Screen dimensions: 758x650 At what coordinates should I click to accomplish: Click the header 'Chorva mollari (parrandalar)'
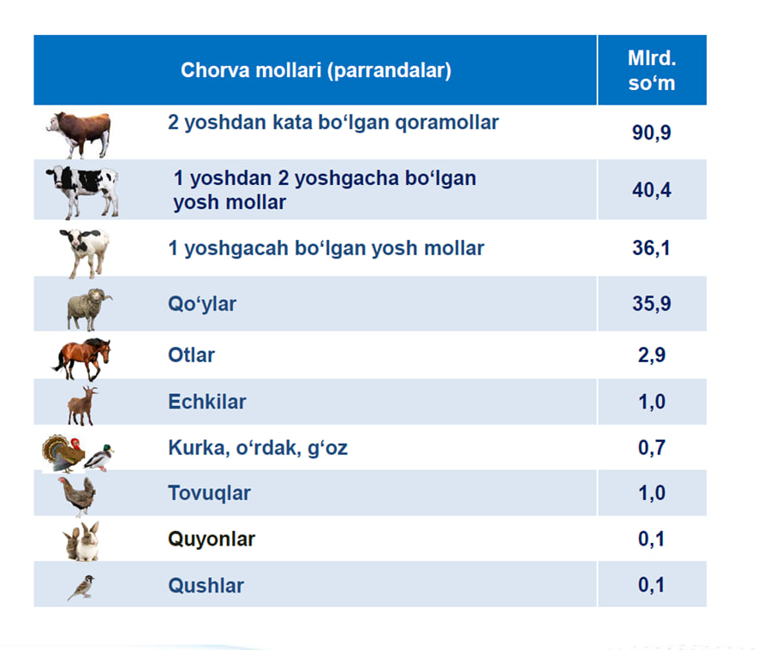tap(316, 70)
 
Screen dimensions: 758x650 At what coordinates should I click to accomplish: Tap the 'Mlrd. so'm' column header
tap(652, 70)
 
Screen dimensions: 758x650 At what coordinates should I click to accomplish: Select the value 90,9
tap(652, 133)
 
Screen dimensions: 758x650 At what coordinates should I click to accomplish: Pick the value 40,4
tap(652, 190)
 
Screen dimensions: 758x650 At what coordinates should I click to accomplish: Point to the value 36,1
tap(651, 247)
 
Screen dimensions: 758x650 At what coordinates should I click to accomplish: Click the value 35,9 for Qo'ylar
tap(652, 303)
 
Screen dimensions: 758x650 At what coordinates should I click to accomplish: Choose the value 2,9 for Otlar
tap(652, 355)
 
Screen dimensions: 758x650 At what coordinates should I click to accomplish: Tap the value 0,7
tap(652, 448)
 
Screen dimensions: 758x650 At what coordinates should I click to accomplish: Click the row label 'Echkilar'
tap(207, 402)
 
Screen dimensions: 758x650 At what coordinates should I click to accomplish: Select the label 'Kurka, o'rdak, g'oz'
tap(258, 448)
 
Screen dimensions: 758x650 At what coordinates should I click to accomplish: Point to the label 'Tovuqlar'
tap(209, 493)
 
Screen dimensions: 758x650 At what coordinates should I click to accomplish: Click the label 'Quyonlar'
tap(212, 540)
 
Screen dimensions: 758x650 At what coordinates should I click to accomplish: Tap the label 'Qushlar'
tap(206, 585)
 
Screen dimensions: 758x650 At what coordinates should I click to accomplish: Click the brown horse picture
tap(81, 359)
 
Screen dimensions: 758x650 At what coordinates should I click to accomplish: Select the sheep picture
tap(88, 309)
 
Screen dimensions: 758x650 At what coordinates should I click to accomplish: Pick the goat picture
tap(82, 405)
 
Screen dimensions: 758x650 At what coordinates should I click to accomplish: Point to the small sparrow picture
tap(81, 587)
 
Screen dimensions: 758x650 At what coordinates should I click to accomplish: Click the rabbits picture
tap(81, 541)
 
